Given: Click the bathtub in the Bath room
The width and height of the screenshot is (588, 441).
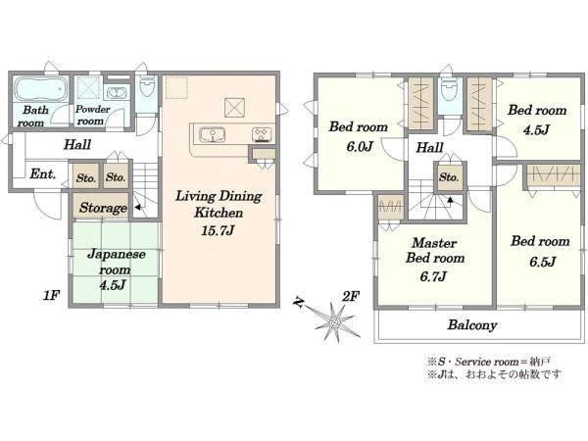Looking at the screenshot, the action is coord(41,89).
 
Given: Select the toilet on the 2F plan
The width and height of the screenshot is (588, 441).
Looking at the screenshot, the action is coord(449,89).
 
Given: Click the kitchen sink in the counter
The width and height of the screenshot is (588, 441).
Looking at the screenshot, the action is coord(213,134).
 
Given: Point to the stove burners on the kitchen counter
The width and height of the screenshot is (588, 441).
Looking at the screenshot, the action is coord(262,135).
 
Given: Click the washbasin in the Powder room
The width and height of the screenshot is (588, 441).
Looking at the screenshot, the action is coord(117,93).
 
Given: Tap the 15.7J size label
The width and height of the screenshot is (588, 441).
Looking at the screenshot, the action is coord(218,230).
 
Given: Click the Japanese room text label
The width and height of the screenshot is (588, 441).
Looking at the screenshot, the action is coord(116,262).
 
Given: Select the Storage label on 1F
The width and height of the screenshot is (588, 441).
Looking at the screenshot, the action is coord(103,208).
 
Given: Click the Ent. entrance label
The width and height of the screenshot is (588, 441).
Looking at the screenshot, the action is coord(43,174).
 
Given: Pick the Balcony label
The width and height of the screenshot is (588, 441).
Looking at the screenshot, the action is coord(472,324).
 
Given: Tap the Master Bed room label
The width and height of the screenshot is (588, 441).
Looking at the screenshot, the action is coord(435,250).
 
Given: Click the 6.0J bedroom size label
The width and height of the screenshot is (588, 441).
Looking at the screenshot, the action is coord(360,146).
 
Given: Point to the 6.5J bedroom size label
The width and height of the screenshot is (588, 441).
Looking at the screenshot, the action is coord(542,262).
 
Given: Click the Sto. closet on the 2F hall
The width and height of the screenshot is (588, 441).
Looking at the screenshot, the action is coord(449,176).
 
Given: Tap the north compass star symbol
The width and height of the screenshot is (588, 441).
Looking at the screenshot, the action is coord(334,321).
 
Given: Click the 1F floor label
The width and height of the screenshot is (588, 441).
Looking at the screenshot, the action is coord(51,296).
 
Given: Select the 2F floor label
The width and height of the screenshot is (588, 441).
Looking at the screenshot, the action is coord(351,297).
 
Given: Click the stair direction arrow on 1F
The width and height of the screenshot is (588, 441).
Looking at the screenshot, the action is coord(138,207).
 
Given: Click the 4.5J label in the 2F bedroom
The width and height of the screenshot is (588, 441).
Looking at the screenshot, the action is coord(536,129).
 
